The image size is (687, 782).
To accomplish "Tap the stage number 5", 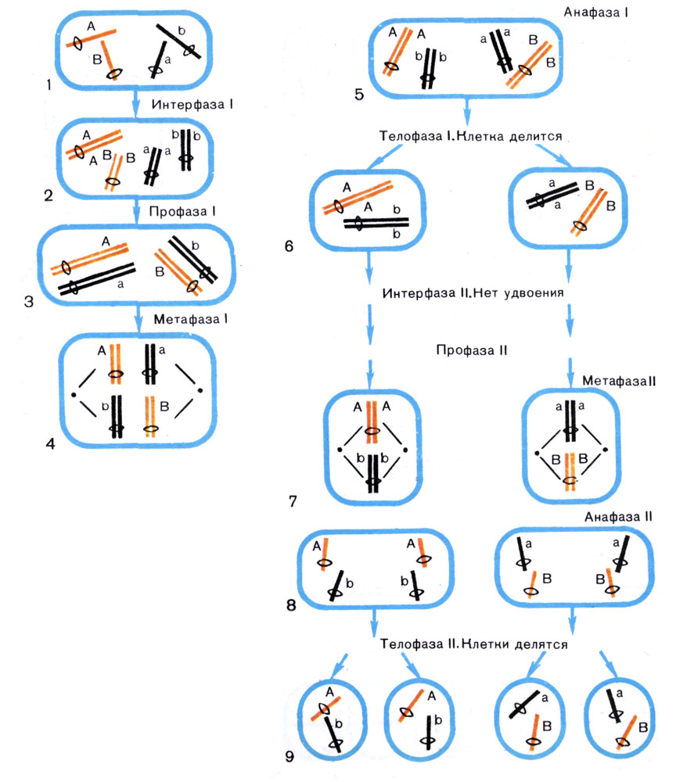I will tap(358, 95).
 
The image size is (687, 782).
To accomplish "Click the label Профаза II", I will tap(472, 350).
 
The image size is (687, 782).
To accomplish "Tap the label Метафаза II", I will tap(611, 379).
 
